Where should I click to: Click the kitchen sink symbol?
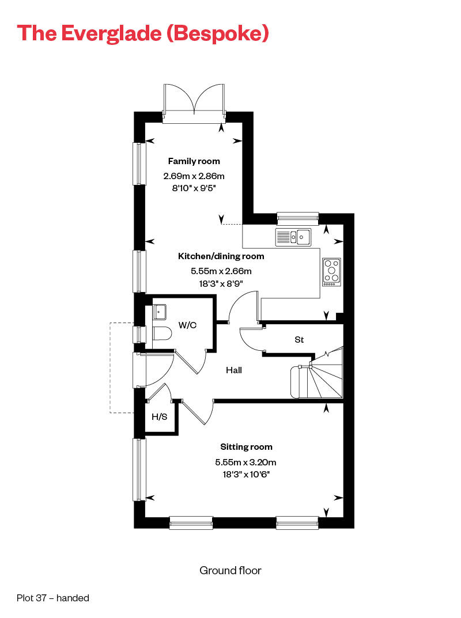(293, 236)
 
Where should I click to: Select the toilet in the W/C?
(163, 334)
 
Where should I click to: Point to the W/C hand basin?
(160, 312)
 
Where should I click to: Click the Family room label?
(194, 161)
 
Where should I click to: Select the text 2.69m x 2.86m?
(194, 176)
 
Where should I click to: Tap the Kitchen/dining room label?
(221, 256)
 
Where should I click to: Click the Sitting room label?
(246, 446)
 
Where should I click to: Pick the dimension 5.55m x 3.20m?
(246, 462)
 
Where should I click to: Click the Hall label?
(233, 370)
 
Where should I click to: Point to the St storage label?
(299, 340)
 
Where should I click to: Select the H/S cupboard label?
(159, 416)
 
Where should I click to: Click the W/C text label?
(187, 325)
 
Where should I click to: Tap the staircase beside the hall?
(320, 377)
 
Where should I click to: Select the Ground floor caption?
(230, 570)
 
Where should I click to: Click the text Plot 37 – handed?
(53, 598)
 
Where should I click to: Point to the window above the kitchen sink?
(297, 217)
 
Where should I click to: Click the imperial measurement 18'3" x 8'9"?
(221, 283)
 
